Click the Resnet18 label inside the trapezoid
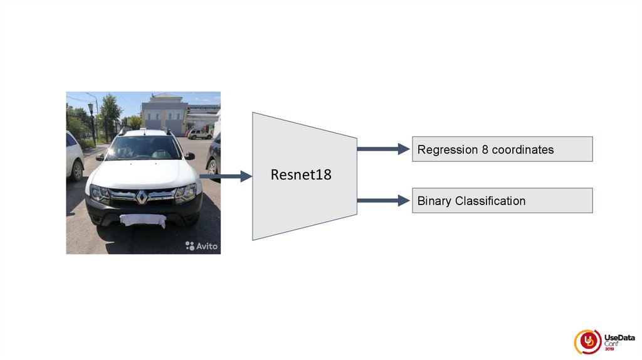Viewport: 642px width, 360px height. tap(301, 175)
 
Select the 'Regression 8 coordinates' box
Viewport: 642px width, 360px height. tap(502, 149)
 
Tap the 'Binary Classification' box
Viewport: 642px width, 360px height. tap(502, 201)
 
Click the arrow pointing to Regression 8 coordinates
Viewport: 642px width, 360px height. tap(382, 149)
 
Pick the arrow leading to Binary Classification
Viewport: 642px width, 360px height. tap(382, 201)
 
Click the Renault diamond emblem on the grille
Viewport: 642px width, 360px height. tap(142, 197)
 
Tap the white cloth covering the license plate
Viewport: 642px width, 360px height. tap(142, 220)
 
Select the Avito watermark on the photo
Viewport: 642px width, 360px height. tap(202, 246)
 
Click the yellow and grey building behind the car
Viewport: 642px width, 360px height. tap(164, 114)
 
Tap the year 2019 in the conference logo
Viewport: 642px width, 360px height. tap(609, 349)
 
